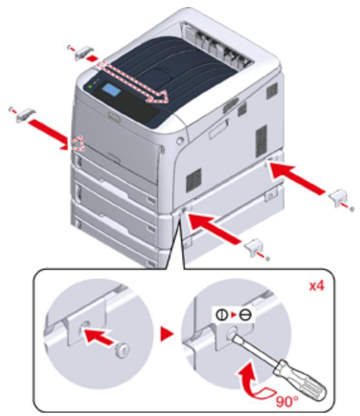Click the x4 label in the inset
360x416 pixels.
317,286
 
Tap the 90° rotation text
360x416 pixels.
287,401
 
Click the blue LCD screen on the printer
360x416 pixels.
111,89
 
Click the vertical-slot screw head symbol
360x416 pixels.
221,315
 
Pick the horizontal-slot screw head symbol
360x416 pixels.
245,315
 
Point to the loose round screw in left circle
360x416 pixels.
123,350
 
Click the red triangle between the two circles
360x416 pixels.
167,334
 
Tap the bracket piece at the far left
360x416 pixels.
25,114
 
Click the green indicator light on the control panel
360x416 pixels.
90,86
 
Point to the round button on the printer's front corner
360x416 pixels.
180,141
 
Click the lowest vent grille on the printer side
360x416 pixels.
194,179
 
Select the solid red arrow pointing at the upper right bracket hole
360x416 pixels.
297,178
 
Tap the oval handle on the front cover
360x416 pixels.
114,117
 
